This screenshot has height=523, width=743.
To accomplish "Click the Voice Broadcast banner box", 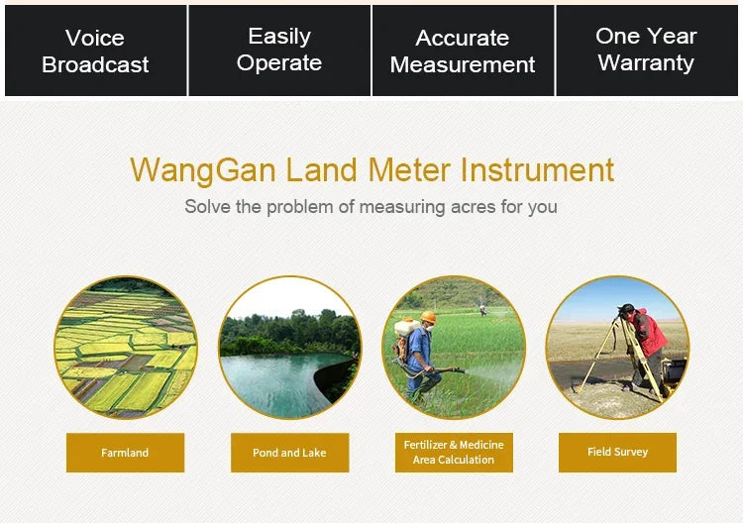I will (x=95, y=52).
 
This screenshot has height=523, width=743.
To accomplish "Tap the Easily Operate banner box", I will (x=279, y=51).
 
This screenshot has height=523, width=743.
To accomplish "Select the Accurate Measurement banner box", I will (x=463, y=52).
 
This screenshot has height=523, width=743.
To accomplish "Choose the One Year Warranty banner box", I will (x=646, y=51).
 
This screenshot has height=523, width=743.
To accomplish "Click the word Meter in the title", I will (x=408, y=169).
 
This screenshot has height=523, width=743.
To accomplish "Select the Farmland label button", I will (x=125, y=453).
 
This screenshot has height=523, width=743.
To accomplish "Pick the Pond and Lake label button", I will (x=289, y=453).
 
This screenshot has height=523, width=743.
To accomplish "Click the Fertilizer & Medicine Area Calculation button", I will (x=454, y=453).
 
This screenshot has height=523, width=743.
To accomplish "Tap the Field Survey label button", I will (x=617, y=452).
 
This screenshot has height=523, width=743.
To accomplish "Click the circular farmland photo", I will (x=125, y=348).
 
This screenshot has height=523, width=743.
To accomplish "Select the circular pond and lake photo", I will (x=289, y=348).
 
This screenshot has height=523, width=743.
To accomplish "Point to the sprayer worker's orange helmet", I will (x=428, y=318).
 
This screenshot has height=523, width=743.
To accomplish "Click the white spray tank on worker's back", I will (x=404, y=329).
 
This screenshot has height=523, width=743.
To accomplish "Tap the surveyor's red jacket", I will (x=649, y=331).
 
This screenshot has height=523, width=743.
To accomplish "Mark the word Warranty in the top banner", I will (x=646, y=63).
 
